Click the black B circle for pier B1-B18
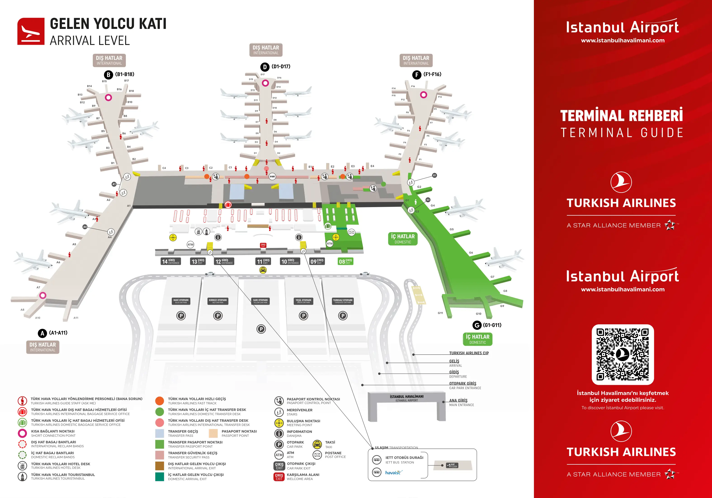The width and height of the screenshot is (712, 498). [108, 75]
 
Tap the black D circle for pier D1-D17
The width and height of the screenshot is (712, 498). [264, 67]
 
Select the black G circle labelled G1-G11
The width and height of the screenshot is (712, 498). [477, 325]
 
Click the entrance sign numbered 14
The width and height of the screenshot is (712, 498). [171, 262]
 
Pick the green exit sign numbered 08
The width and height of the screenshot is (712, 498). [345, 262]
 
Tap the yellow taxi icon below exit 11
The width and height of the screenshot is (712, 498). [263, 270]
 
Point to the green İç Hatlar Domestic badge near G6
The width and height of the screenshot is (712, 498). [403, 239]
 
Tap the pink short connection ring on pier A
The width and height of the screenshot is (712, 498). [43, 295]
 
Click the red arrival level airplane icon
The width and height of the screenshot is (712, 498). [31, 31]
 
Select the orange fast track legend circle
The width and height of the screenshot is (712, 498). [159, 401]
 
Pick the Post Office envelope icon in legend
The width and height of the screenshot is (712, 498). [317, 455]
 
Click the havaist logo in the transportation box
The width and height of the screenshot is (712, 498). [394, 472]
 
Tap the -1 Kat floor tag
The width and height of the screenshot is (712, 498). [452, 465]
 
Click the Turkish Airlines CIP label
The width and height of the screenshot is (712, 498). [469, 353]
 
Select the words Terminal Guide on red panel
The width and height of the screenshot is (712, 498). [622, 133]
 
